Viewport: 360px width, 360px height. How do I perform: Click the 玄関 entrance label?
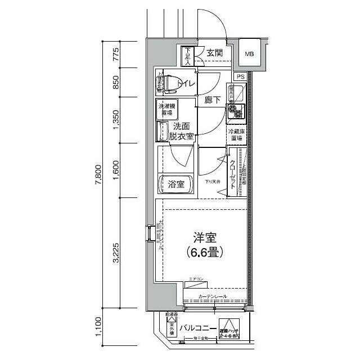click(x=214, y=53)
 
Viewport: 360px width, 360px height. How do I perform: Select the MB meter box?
click(x=249, y=54)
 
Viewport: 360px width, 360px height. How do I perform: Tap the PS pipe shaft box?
click(x=240, y=76)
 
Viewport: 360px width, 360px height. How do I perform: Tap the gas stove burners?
click(x=235, y=111)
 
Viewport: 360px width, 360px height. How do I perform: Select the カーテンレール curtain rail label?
click(x=213, y=296)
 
